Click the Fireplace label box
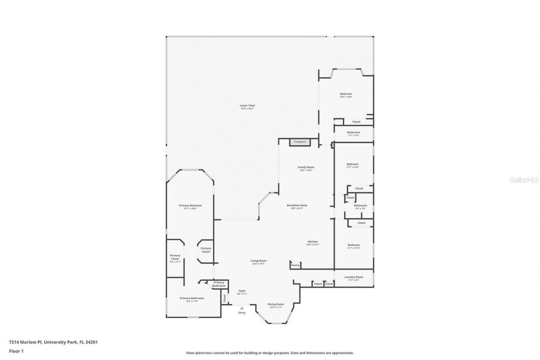[300, 142]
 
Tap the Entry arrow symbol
[242, 309]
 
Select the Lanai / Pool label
[248, 106]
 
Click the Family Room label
[306, 167]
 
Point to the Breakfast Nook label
[297, 206]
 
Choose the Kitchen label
[313, 242]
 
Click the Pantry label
[295, 265]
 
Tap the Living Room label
[259, 261]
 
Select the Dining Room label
[276, 304]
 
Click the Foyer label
[242, 291]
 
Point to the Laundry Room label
[354, 277]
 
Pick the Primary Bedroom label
[190, 206]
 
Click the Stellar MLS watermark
[524, 180]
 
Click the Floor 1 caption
[16, 351]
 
